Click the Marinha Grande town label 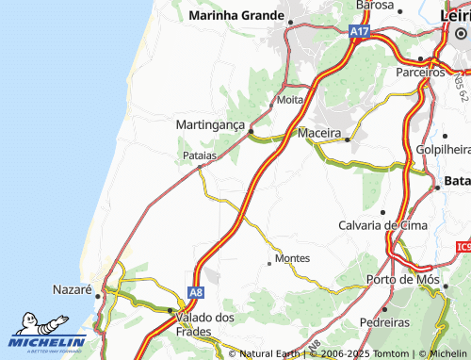click(236, 15)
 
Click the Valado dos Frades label click(205, 324)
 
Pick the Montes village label click(291, 258)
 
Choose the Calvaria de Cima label click(382, 225)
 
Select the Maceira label click(318, 133)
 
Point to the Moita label click(290, 99)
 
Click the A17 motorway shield click(359, 32)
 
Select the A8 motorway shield click(195, 293)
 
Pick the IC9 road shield click(462, 247)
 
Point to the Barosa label click(375, 6)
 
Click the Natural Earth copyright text click(268, 353)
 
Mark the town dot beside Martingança click(251, 132)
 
